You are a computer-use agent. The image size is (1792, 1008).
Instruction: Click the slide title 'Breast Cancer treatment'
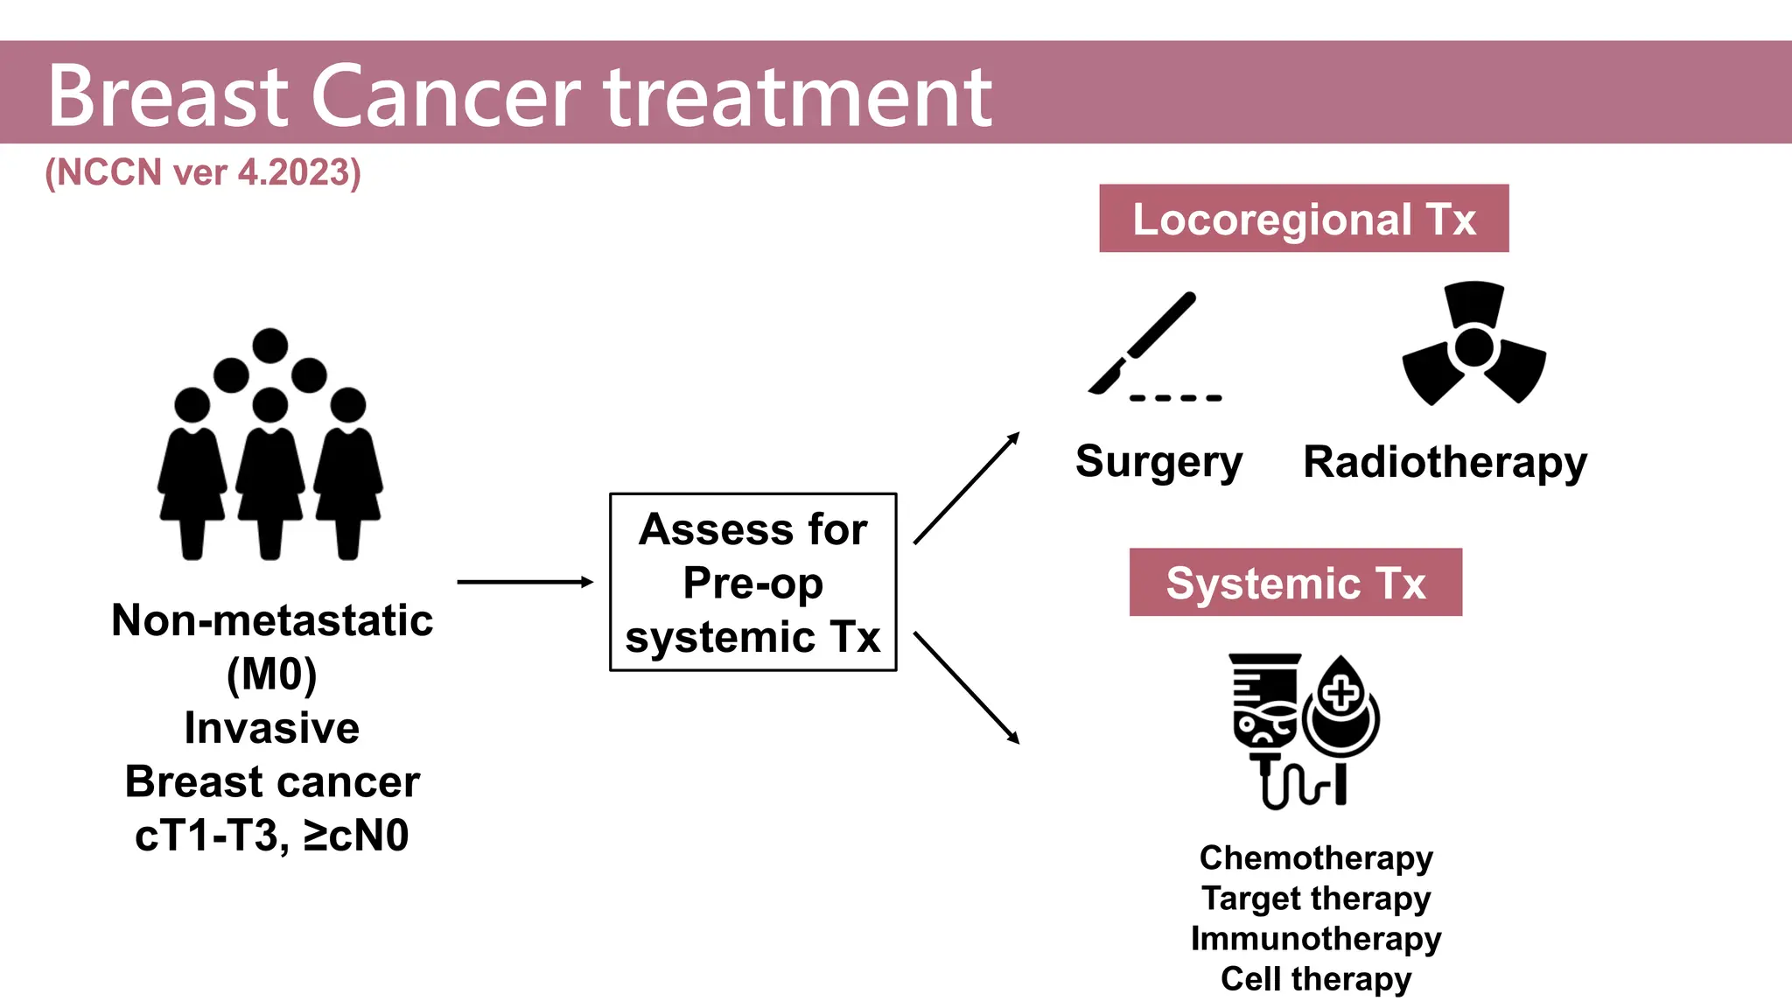coord(520,96)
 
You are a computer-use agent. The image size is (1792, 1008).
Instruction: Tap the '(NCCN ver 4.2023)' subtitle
coord(203,172)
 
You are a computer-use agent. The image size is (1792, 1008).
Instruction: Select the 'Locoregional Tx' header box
coord(1304,218)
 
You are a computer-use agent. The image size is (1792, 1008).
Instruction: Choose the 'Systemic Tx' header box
coord(1295,582)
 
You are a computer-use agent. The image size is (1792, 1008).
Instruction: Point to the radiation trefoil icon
coord(1474,343)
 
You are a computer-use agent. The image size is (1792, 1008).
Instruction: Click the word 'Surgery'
coord(1158,461)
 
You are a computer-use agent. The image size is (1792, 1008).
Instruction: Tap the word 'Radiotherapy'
coord(1445,462)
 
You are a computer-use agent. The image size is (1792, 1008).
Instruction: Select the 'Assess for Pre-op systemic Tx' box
coord(753,582)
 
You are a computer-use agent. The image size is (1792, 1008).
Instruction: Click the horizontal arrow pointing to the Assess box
coord(525,582)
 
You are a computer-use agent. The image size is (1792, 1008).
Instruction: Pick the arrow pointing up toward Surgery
coord(967,487)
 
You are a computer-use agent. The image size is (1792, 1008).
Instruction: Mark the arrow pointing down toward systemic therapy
coord(967,688)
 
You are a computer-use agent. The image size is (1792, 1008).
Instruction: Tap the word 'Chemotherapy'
coord(1316,858)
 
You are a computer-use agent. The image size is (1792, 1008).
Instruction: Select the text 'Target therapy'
coord(1316,899)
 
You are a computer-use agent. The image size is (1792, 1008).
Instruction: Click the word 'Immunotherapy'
coord(1316,939)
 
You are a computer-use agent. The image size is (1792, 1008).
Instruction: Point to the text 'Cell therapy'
coord(1316,979)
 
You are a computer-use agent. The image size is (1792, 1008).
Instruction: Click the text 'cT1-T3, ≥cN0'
coord(272,836)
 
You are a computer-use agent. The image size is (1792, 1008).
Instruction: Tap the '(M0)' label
coord(272,675)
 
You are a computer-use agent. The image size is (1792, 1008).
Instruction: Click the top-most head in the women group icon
coord(270,346)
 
